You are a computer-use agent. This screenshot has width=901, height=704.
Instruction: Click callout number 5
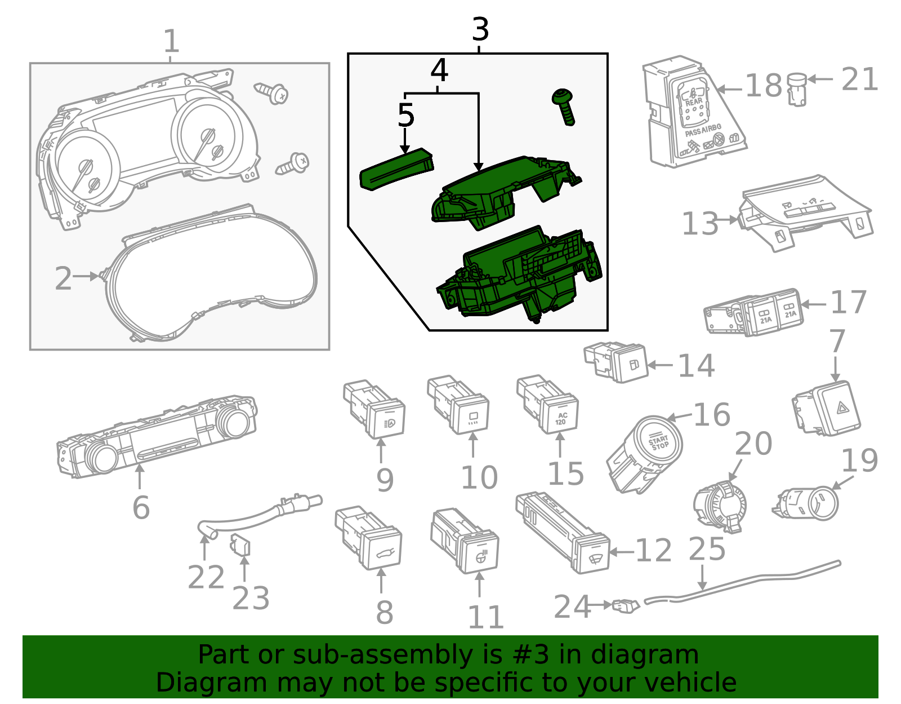[405, 116]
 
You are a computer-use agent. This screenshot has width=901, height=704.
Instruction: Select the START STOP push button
[658, 442]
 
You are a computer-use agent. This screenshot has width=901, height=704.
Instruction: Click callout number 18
[764, 86]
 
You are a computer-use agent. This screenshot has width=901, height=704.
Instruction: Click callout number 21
[860, 79]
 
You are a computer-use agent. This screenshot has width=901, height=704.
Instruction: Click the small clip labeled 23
[241, 546]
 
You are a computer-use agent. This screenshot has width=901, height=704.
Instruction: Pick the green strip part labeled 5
[396, 170]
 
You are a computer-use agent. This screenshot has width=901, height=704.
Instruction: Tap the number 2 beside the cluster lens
[63, 278]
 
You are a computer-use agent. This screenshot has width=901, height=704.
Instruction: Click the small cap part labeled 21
[796, 89]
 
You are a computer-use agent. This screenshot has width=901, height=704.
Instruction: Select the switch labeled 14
[619, 362]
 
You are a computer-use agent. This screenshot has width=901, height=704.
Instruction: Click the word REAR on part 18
[694, 102]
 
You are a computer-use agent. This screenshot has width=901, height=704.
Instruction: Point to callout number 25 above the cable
[707, 550]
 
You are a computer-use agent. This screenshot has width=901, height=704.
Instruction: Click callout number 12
[654, 551]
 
